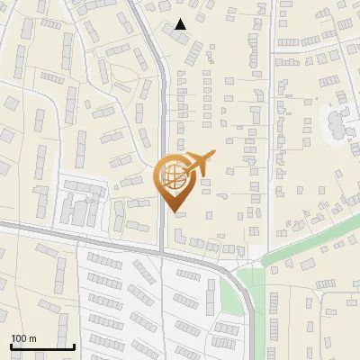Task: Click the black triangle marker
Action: [x=181, y=24]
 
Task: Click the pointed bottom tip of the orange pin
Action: [x=174, y=211]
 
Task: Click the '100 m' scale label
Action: [x=24, y=338]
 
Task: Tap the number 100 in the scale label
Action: [x=20, y=338]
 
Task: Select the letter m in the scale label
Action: [x=32, y=338]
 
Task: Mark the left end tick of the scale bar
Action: [x=11, y=345]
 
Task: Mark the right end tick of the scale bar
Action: [x=74, y=345]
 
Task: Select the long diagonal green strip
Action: [x=306, y=242]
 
